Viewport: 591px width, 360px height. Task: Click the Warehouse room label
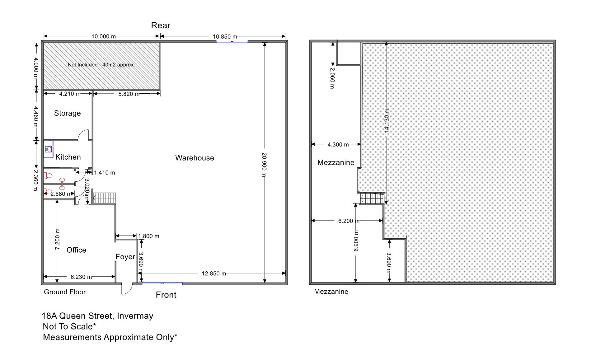[195, 158]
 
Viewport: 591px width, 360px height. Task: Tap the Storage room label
[67, 113]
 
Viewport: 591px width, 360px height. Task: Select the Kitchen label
[68, 157]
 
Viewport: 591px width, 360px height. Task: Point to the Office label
[76, 250]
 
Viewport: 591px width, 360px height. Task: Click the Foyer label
[125, 257]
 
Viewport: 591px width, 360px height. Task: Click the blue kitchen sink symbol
[48, 149]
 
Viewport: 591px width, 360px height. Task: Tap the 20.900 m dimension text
[265, 165]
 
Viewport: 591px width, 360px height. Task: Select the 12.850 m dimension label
[214, 274]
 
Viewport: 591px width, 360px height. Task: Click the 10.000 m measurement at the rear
[104, 36]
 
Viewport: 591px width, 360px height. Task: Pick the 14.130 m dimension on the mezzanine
[387, 120]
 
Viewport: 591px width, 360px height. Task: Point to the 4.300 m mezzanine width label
[338, 144]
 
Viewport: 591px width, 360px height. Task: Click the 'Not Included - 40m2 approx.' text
[101, 65]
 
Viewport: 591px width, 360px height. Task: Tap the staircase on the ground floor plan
[105, 198]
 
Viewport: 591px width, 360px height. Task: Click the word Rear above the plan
[161, 25]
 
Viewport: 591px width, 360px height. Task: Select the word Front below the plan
[166, 295]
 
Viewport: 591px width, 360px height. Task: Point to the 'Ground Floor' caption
[65, 292]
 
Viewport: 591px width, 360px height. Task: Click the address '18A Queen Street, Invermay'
[97, 316]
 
